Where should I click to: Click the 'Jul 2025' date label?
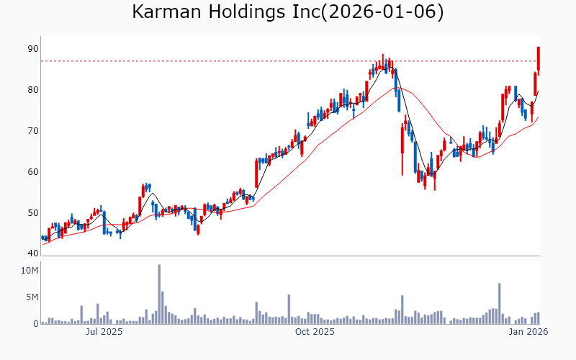coord(104,332)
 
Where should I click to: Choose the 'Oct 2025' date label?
coord(315,332)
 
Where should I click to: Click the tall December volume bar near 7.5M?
coord(499,303)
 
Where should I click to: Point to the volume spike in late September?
coord(289,309)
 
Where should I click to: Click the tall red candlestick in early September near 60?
coord(256,173)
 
